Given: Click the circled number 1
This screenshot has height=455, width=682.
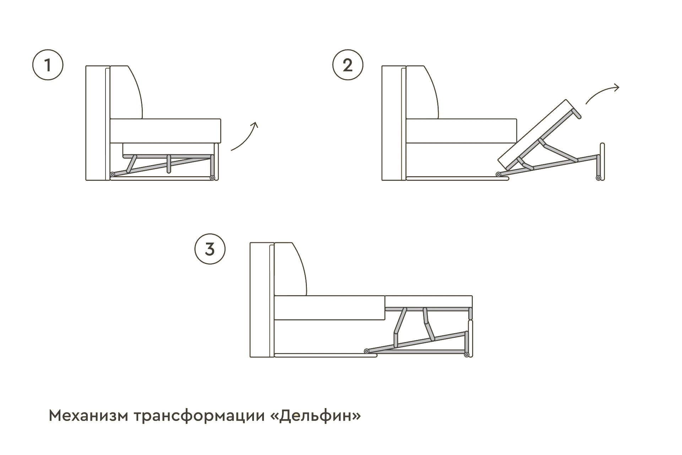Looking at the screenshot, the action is coord(48,65).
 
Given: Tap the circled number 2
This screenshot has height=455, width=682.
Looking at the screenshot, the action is coord(348,65).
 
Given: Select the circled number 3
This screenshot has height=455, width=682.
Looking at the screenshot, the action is coord(210,249).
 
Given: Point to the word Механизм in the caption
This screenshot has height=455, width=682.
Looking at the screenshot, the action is coord(88,416).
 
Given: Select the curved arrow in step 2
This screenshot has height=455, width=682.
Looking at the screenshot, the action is coord(602,94).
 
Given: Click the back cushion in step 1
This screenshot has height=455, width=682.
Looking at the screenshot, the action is coord(126,92).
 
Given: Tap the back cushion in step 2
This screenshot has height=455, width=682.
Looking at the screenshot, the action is coord(422,92).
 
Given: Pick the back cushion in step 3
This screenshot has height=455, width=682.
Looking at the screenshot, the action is coord(291,269).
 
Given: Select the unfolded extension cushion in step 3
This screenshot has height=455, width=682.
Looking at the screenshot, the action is coord(429,302).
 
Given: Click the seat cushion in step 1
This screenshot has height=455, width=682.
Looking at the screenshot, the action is coord(166,131).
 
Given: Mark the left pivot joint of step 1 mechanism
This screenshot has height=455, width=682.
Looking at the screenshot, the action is coord(112,174).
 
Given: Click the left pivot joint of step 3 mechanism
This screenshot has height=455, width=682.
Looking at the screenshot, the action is coord(367,351).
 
